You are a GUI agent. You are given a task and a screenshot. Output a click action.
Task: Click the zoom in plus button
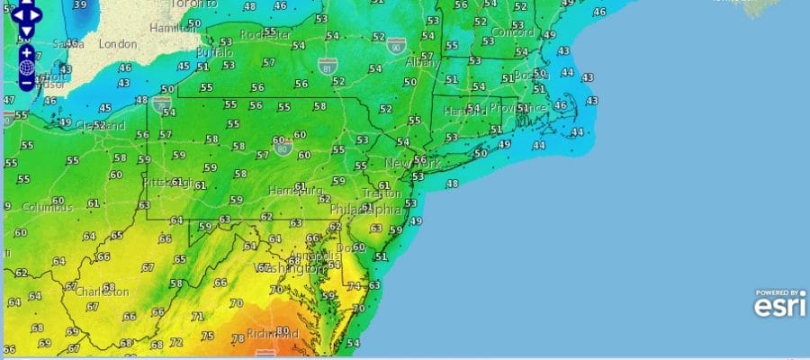point(27,52)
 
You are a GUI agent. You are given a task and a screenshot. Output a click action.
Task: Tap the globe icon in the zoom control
point(27,67)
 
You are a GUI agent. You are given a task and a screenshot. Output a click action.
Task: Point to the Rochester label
point(265,35)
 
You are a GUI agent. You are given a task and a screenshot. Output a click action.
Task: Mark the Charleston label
point(103,292)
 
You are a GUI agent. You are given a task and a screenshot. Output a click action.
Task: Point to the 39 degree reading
point(81,5)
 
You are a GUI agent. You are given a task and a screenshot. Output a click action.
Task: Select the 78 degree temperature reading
point(238,339)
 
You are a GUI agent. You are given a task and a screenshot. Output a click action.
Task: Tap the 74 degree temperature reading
point(354,285)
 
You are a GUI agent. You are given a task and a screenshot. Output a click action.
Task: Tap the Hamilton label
point(174,29)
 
